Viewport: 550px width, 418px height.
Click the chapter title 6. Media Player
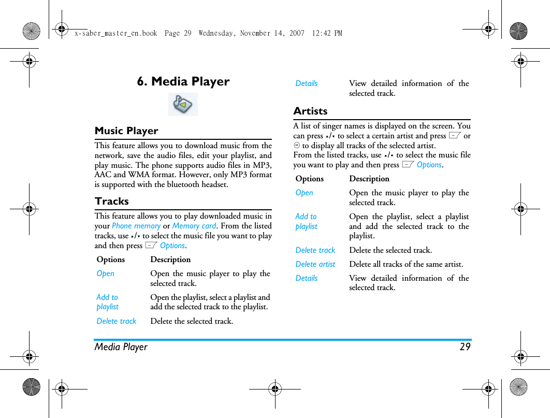pyautogui.click(x=183, y=81)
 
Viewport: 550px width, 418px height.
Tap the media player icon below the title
pyautogui.click(x=183, y=104)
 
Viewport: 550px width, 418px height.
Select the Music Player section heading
pyautogui.click(x=126, y=131)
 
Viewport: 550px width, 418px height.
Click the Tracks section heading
pyautogui.click(x=112, y=201)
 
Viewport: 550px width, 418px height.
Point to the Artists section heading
pyautogui.click(x=310, y=111)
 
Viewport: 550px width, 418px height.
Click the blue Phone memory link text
pyautogui.click(x=136, y=226)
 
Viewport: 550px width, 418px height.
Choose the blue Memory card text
pyautogui.click(x=194, y=226)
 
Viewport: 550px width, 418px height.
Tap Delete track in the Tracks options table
pyautogui.click(x=117, y=321)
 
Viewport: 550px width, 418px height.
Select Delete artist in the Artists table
pyautogui.click(x=315, y=264)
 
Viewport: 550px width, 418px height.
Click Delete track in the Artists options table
pyautogui.click(x=315, y=250)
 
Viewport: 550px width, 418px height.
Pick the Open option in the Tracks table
pyautogui.click(x=106, y=273)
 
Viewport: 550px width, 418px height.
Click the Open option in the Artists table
pyautogui.click(x=305, y=193)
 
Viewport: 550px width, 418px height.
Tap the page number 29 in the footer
pyautogui.click(x=465, y=347)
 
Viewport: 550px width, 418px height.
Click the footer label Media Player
pyautogui.click(x=121, y=347)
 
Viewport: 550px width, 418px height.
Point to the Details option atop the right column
pyautogui.click(x=307, y=83)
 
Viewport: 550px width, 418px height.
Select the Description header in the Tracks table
pyautogui.click(x=170, y=260)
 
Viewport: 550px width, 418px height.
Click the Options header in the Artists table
pyautogui.click(x=310, y=179)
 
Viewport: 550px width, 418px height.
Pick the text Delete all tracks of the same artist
pyautogui.click(x=406, y=264)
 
